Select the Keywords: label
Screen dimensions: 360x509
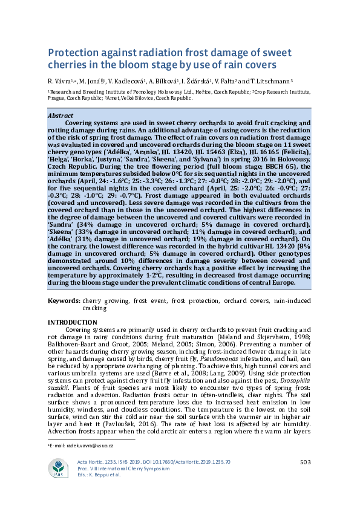pos(64,300)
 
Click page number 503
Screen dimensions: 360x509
pos(305,462)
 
